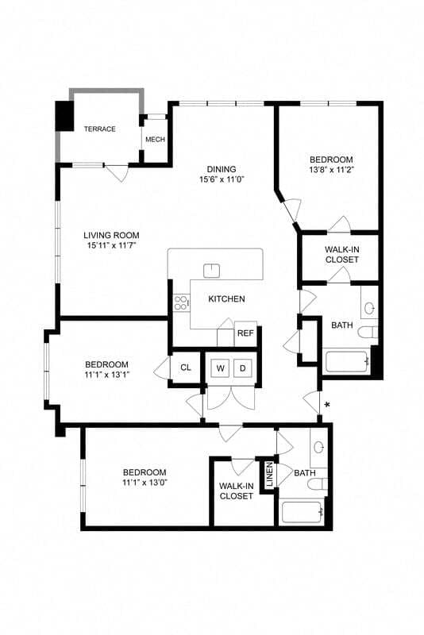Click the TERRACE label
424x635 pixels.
point(100,129)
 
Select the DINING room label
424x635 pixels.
point(221,168)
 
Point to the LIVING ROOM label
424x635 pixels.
point(111,235)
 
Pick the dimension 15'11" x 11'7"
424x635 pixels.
point(111,246)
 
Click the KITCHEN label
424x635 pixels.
point(226,299)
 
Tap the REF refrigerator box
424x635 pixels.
point(245,333)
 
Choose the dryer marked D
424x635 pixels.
point(243,368)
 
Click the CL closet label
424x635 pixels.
point(185,368)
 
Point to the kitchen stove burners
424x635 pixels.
point(181,302)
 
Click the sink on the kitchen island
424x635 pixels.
point(211,271)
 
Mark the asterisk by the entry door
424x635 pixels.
point(326,405)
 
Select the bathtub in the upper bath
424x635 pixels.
point(346,362)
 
